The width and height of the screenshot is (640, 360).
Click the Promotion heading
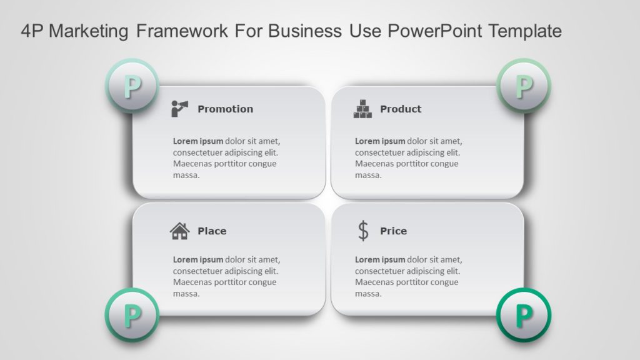click(x=225, y=109)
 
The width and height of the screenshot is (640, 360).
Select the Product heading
click(x=401, y=109)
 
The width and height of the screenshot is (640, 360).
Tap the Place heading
click(x=212, y=231)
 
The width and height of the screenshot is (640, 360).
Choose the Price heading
click(x=393, y=231)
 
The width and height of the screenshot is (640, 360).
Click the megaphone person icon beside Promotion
click(x=180, y=108)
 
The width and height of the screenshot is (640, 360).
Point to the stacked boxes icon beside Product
click(x=362, y=109)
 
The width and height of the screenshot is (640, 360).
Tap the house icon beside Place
click(x=179, y=231)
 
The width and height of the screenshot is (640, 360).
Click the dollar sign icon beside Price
click(x=363, y=231)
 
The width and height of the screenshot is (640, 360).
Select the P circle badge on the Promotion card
click(x=132, y=86)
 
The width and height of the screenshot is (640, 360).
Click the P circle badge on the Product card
click(x=524, y=86)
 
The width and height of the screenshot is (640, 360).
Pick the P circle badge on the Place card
click(x=132, y=315)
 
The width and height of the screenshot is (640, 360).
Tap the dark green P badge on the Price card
click(x=524, y=315)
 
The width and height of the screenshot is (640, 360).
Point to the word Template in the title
click(x=524, y=31)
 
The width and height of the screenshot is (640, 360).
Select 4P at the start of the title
click(x=32, y=31)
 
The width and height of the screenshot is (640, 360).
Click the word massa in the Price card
click(x=368, y=294)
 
